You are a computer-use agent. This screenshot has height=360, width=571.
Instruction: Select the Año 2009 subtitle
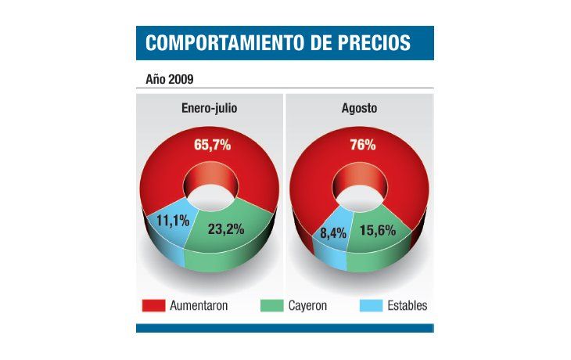pyautogui.click(x=170, y=79)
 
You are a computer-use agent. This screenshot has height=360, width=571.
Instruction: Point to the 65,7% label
pyautogui.click(x=212, y=145)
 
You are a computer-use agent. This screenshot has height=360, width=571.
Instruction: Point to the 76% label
pyautogui.click(x=362, y=145)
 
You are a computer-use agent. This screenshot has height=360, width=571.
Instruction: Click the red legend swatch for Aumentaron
pyautogui.click(x=153, y=306)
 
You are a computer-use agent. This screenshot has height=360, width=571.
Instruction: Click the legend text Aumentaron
pyautogui.click(x=199, y=306)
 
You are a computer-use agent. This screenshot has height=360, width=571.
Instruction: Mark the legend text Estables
pyautogui.click(x=408, y=306)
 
